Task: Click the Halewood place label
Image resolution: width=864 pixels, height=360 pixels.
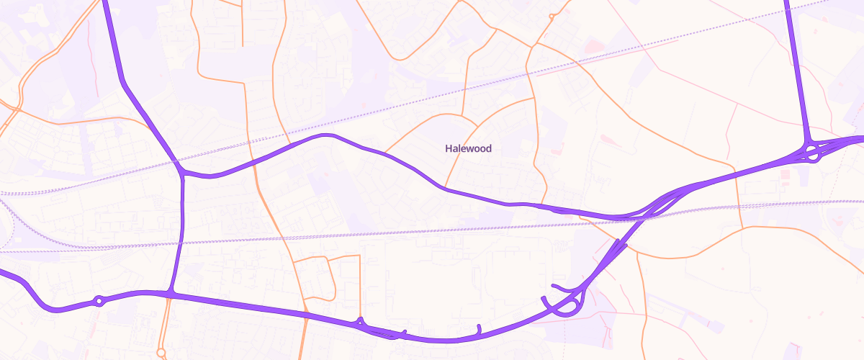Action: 468,149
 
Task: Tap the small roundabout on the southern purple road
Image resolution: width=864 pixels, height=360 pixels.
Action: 99,300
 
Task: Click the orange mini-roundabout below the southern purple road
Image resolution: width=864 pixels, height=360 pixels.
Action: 161,353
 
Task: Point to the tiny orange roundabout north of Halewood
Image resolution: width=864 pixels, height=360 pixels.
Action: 551,16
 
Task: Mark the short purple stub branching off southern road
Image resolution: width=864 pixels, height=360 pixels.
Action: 479,330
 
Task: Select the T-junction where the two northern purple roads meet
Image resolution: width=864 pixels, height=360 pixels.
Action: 183,173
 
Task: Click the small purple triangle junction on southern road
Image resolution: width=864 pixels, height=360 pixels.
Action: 360,322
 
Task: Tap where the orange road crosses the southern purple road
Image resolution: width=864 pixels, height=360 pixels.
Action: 305,314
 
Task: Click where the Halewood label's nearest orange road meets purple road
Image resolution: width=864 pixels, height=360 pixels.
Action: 446,189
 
